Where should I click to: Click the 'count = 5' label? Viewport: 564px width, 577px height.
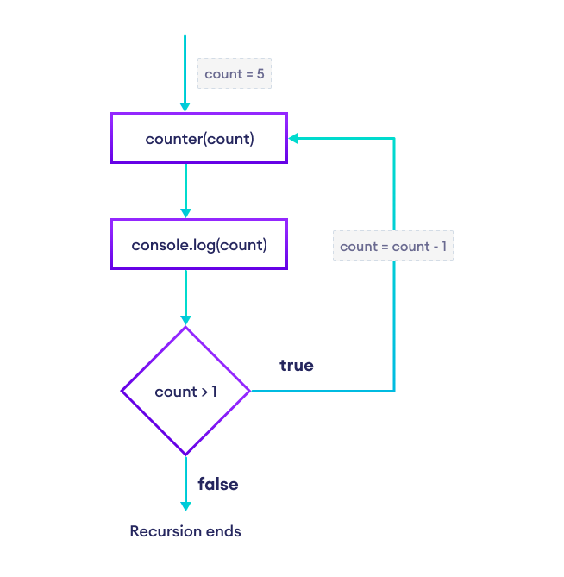(x=235, y=74)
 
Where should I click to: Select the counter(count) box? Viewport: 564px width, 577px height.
(x=199, y=138)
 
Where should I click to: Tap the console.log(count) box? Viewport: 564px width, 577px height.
(x=199, y=245)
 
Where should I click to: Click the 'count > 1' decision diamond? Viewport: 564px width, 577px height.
(x=186, y=392)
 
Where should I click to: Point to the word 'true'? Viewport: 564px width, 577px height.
(x=296, y=366)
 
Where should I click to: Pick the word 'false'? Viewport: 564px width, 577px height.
(x=218, y=484)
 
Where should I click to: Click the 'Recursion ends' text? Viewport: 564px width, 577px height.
(x=185, y=530)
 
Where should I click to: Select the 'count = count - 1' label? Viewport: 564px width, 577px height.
(x=392, y=247)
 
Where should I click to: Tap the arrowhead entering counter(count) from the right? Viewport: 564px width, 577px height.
(x=294, y=138)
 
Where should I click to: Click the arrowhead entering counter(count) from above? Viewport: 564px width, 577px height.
(x=185, y=107)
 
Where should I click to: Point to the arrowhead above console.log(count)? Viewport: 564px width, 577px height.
(x=185, y=213)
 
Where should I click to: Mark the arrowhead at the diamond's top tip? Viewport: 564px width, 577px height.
(x=185, y=320)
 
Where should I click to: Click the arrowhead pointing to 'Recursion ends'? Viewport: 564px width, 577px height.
(x=185, y=507)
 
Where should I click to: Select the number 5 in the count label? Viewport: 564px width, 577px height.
(x=260, y=74)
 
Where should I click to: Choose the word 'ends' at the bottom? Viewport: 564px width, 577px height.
(x=226, y=530)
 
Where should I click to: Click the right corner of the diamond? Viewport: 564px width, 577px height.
(x=249, y=392)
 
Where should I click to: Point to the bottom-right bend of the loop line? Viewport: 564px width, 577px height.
(x=394, y=392)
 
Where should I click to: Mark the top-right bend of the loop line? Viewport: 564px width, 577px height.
(x=394, y=138)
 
